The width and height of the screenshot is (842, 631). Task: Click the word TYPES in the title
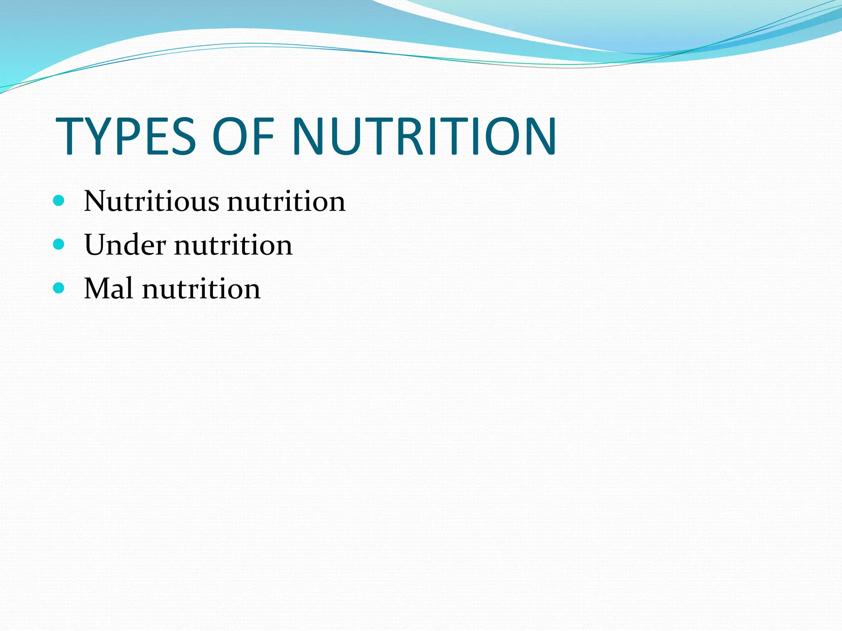tap(126, 136)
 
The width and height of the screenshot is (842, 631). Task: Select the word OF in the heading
tap(243, 136)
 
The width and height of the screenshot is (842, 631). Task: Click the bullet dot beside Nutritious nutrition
tap(59, 201)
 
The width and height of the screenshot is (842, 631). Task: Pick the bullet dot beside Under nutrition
tap(59, 244)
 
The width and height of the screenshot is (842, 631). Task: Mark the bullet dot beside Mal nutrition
tap(59, 288)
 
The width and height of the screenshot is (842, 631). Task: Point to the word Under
tap(125, 245)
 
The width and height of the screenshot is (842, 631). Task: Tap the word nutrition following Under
tap(233, 246)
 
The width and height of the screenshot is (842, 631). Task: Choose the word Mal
tap(109, 288)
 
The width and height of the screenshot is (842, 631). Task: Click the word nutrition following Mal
tap(201, 289)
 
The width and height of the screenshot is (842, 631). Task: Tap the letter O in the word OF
tap(229, 136)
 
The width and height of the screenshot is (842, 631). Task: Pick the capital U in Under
tap(97, 245)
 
